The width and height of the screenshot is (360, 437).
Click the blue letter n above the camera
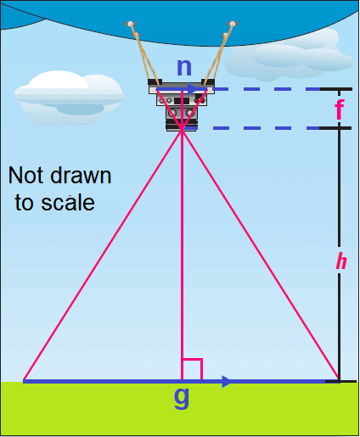(184, 68)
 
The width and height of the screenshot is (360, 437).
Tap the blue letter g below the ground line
(182, 397)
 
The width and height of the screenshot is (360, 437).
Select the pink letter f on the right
(340, 110)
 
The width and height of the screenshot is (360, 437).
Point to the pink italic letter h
(341, 261)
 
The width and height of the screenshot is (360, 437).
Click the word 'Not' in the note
(25, 176)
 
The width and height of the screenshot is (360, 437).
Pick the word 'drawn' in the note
(81, 176)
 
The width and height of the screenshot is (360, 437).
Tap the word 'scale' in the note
(68, 203)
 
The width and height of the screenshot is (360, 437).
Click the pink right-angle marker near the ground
(193, 368)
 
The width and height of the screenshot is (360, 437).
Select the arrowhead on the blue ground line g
(227, 382)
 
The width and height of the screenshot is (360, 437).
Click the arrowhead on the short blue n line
(192, 89)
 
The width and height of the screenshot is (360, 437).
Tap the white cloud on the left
(70, 98)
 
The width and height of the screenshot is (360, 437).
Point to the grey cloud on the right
(289, 57)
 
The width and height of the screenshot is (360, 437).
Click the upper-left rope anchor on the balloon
(130, 24)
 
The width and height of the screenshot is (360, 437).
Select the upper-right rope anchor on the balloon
(233, 23)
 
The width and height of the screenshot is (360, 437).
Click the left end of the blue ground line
(24, 381)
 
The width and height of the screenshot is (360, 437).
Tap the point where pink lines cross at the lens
(182, 130)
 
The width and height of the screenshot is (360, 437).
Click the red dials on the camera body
(200, 100)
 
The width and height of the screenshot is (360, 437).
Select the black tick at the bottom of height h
(340, 382)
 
